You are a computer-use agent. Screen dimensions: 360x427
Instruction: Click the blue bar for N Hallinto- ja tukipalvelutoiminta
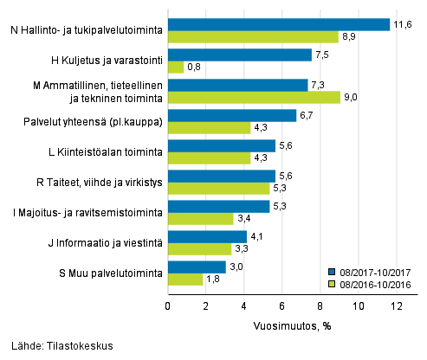[278, 24]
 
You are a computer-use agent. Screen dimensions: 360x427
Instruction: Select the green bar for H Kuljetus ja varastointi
[175, 67]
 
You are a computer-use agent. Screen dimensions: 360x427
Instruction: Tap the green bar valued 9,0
[253, 97]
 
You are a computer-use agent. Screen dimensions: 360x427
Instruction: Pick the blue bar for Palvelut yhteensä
[231, 115]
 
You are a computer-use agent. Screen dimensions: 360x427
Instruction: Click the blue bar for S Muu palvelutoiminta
[196, 267]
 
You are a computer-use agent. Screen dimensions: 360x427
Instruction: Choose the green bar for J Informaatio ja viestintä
[198, 248]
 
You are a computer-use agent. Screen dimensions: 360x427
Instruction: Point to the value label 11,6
[401, 24]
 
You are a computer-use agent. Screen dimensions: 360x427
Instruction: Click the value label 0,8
[194, 67]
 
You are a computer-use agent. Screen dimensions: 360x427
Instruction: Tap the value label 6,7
[307, 115]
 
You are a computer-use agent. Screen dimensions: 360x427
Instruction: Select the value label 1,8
[213, 280]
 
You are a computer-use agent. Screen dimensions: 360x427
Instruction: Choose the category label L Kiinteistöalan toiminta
[108, 152]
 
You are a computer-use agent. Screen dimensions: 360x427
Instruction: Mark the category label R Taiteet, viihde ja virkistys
[100, 183]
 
